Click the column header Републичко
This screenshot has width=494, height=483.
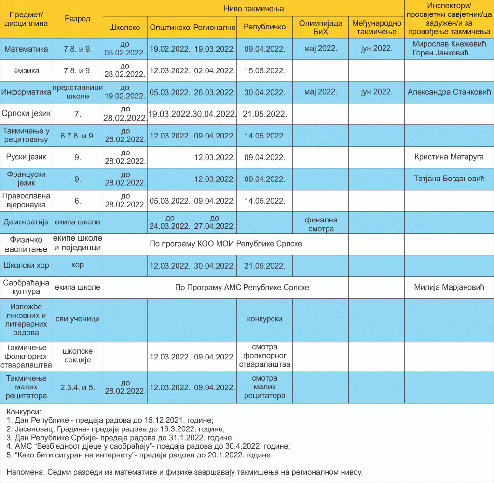click(x=264, y=27)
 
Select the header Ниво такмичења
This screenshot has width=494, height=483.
click(x=254, y=9)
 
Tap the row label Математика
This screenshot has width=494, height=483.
click(x=26, y=49)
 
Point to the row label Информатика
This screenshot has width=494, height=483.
click(x=26, y=92)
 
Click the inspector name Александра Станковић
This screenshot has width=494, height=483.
click(x=449, y=92)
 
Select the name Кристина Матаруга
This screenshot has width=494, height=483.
click(x=449, y=157)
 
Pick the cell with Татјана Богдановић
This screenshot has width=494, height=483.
click(x=449, y=179)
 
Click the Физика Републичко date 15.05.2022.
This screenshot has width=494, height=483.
click(x=264, y=71)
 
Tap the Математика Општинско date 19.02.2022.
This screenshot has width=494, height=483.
click(x=170, y=49)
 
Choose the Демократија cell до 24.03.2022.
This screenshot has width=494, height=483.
click(x=170, y=222)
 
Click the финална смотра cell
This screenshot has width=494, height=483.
click(x=320, y=224)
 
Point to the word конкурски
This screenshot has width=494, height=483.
click(x=264, y=319)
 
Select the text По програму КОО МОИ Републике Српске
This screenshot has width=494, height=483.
click(x=226, y=244)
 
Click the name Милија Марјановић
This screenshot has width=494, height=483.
click(x=449, y=287)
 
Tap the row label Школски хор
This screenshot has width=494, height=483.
click(x=26, y=265)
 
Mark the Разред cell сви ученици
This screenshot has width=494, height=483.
click(x=78, y=319)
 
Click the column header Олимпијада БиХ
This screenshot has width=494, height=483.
click(x=320, y=27)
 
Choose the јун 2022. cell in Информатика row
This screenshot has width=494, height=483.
click(x=376, y=92)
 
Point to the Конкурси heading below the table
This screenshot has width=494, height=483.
click(x=24, y=412)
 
